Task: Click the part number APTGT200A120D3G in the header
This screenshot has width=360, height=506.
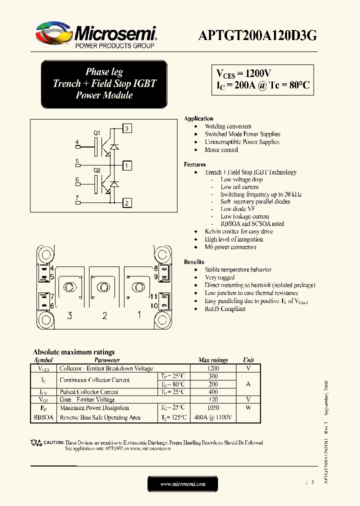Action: [257, 35]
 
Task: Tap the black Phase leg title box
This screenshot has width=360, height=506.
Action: [104, 83]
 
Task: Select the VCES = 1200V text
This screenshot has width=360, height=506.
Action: [243, 73]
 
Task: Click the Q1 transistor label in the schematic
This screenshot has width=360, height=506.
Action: [97, 133]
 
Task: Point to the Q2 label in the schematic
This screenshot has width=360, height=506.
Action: [97, 170]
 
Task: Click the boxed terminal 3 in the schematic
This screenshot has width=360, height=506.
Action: [127, 129]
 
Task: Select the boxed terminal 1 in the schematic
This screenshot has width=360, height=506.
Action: [127, 165]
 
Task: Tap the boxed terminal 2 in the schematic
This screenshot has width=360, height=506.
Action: [127, 202]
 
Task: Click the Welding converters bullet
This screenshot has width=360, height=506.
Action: [227, 126]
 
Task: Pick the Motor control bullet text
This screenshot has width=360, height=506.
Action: [221, 149]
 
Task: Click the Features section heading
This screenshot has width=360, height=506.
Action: [194, 164]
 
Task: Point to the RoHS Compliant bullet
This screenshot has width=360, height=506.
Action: [225, 309]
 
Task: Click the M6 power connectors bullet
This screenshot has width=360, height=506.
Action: [230, 247]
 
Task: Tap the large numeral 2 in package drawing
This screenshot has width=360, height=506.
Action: [104, 315]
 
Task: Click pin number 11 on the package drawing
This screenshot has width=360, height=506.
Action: [154, 296]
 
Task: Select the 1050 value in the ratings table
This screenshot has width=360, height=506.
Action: [212, 408]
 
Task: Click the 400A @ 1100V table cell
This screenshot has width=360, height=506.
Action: [212, 417]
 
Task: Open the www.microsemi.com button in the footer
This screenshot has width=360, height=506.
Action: [182, 484]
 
